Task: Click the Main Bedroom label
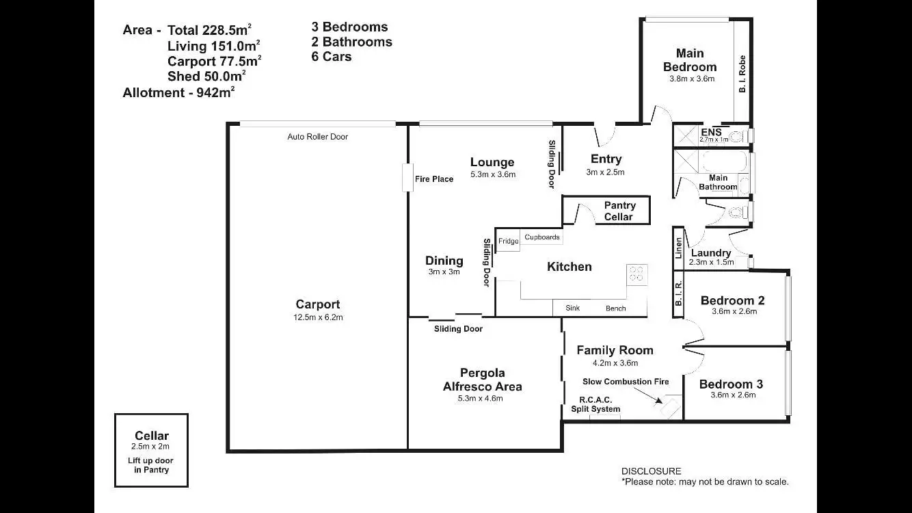coord(690,60)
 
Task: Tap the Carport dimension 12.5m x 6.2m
coord(318,317)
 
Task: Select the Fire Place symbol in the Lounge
coord(405,178)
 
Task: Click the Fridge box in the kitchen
coord(508,240)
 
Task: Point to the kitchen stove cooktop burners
coord(636,274)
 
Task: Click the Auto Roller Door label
coord(317,137)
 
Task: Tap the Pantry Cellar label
coord(619,211)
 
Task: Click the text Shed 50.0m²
coord(206,76)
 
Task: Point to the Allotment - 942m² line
coord(178,92)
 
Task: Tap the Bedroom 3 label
coord(731,384)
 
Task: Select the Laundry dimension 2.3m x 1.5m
coord(711,262)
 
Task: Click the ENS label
coord(711,132)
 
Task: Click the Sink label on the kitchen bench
coord(572,308)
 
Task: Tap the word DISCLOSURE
coord(651,471)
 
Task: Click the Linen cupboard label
coord(679,247)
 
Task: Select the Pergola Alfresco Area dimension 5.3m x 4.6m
coord(480,398)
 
